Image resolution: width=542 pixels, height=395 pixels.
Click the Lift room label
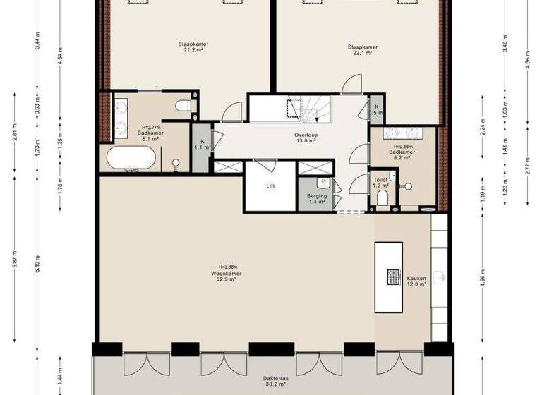(x=270, y=186)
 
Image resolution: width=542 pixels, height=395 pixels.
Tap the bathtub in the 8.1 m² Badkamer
(x=131, y=158)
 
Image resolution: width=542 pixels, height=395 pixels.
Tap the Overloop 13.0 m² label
(x=305, y=137)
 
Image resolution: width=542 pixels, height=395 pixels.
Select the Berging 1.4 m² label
(x=316, y=198)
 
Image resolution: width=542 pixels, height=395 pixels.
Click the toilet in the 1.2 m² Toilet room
(x=383, y=198)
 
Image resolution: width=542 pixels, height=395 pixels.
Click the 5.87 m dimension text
(x=15, y=269)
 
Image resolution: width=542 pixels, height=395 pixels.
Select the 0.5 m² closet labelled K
(x=377, y=109)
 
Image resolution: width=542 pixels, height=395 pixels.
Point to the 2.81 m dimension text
(x=15, y=133)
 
